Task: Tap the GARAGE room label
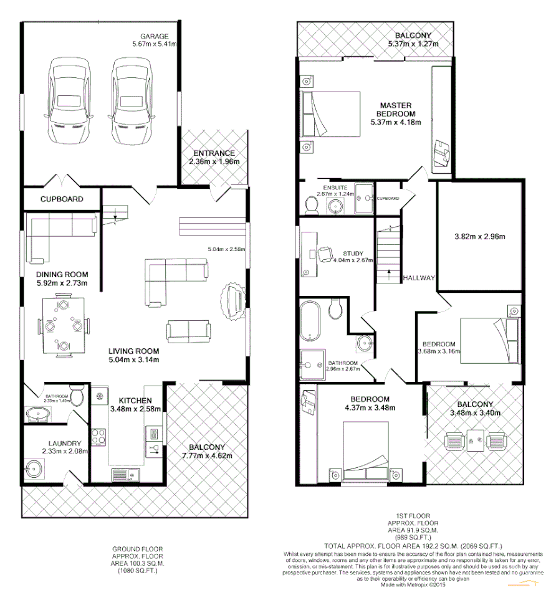(x=155, y=36)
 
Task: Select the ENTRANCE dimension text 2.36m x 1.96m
(x=214, y=162)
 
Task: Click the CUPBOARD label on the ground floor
(x=62, y=199)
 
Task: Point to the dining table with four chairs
(x=62, y=326)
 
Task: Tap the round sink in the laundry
(x=34, y=467)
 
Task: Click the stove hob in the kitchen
(x=99, y=434)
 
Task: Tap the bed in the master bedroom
(x=330, y=114)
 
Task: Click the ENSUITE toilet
(x=313, y=204)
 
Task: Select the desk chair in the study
(x=324, y=254)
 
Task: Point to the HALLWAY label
(x=418, y=278)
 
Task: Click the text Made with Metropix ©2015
(x=415, y=584)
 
